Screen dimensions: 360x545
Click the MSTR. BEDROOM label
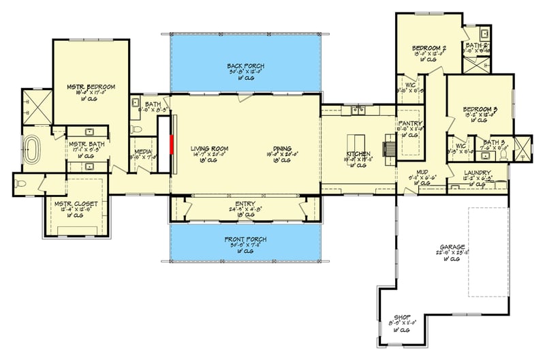tap(90, 87)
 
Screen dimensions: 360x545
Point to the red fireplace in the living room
tap(172, 145)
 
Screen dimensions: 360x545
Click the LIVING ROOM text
tap(208, 149)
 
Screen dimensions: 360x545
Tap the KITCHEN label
tap(358, 154)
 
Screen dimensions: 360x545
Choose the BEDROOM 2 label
tap(429, 48)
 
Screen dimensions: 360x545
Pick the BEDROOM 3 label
tap(480, 109)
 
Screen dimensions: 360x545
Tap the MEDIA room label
tap(142, 151)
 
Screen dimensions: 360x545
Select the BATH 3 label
tap(493, 142)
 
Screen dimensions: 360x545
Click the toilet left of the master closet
tap(22, 183)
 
